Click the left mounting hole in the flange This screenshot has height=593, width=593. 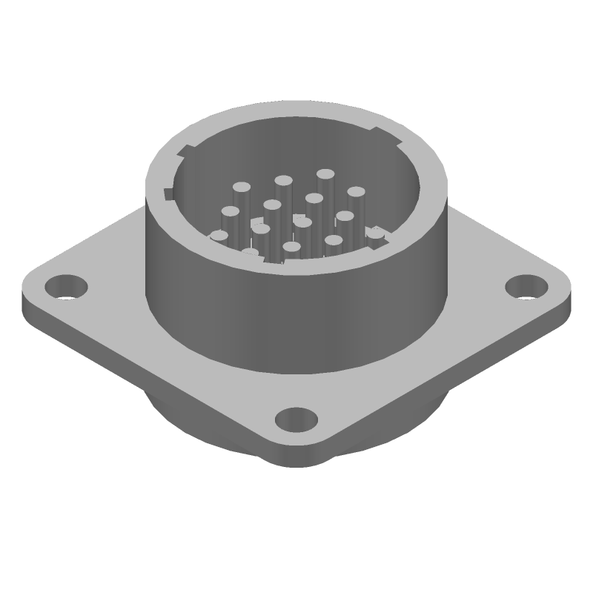[65, 285]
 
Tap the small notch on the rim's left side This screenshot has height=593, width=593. [168, 194]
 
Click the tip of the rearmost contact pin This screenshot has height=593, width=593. [325, 174]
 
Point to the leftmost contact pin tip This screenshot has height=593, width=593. [219, 236]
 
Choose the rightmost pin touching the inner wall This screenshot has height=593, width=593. [377, 233]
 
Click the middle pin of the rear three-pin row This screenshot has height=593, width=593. [282, 180]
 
